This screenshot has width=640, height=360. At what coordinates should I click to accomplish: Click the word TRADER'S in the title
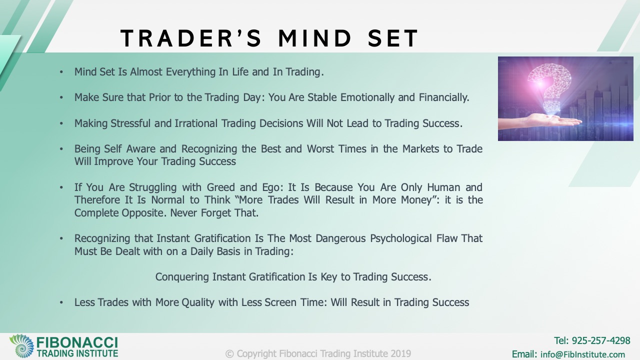pos(191,38)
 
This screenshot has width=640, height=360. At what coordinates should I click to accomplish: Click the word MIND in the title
pos(315,38)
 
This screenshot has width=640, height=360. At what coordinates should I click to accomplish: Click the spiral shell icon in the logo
pos(21,346)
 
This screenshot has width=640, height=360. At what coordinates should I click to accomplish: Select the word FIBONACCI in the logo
pos(77,342)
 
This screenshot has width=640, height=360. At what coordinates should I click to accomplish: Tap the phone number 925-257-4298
pos(601,340)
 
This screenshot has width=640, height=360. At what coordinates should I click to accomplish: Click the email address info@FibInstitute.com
pos(582,354)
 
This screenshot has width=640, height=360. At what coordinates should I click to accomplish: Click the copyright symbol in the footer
pos(229,354)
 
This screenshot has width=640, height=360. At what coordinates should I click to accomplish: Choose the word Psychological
pos(401,238)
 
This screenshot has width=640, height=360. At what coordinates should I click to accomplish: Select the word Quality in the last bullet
pos(198,302)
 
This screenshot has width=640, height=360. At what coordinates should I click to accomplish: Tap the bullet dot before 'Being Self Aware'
pos(61,149)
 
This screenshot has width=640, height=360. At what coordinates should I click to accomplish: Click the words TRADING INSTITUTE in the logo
pos(77,353)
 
